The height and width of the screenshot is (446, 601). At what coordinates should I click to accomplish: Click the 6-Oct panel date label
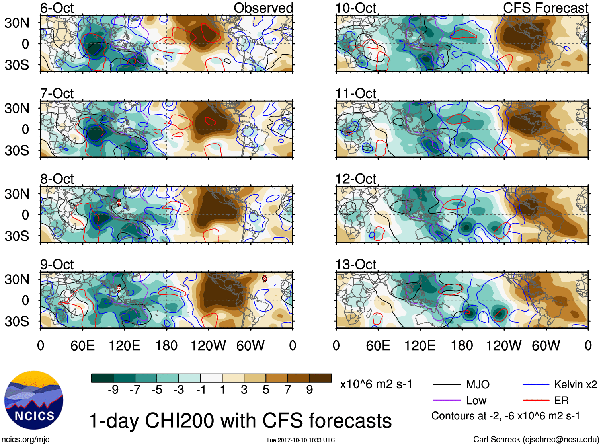pyautogui.click(x=57, y=8)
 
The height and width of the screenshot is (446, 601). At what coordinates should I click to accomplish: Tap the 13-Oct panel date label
pyautogui.click(x=355, y=264)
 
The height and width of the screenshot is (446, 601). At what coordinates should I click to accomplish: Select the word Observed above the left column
pyautogui.click(x=263, y=8)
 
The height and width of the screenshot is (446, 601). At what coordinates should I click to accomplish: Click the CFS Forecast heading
pyautogui.click(x=545, y=8)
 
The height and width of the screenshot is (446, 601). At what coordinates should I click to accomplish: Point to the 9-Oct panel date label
pyautogui.click(x=57, y=264)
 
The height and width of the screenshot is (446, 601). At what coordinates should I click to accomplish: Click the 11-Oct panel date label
pyautogui.click(x=355, y=93)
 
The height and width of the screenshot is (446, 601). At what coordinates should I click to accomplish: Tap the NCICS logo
pyautogui.click(x=34, y=400)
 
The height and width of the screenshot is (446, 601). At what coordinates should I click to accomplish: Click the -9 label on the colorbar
pyautogui.click(x=113, y=390)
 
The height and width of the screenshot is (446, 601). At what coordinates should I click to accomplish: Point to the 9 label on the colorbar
pyautogui.click(x=310, y=390)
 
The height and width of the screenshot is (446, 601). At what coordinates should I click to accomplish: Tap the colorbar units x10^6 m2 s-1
pyautogui.click(x=376, y=384)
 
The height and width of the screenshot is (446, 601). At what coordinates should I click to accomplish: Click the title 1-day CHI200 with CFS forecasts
pyautogui.click(x=240, y=421)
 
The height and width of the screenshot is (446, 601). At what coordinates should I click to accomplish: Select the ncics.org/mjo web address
pyautogui.click(x=25, y=439)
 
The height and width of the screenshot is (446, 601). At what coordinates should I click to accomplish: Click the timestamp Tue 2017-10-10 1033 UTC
pyautogui.click(x=300, y=440)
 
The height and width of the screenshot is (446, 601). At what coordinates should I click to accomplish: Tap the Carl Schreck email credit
pyautogui.click(x=536, y=439)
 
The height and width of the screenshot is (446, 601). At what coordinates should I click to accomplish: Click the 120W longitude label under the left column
pyautogui.click(x=208, y=345)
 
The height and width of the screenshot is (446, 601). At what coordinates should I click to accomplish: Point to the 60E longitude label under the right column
pyautogui.click(x=378, y=345)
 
